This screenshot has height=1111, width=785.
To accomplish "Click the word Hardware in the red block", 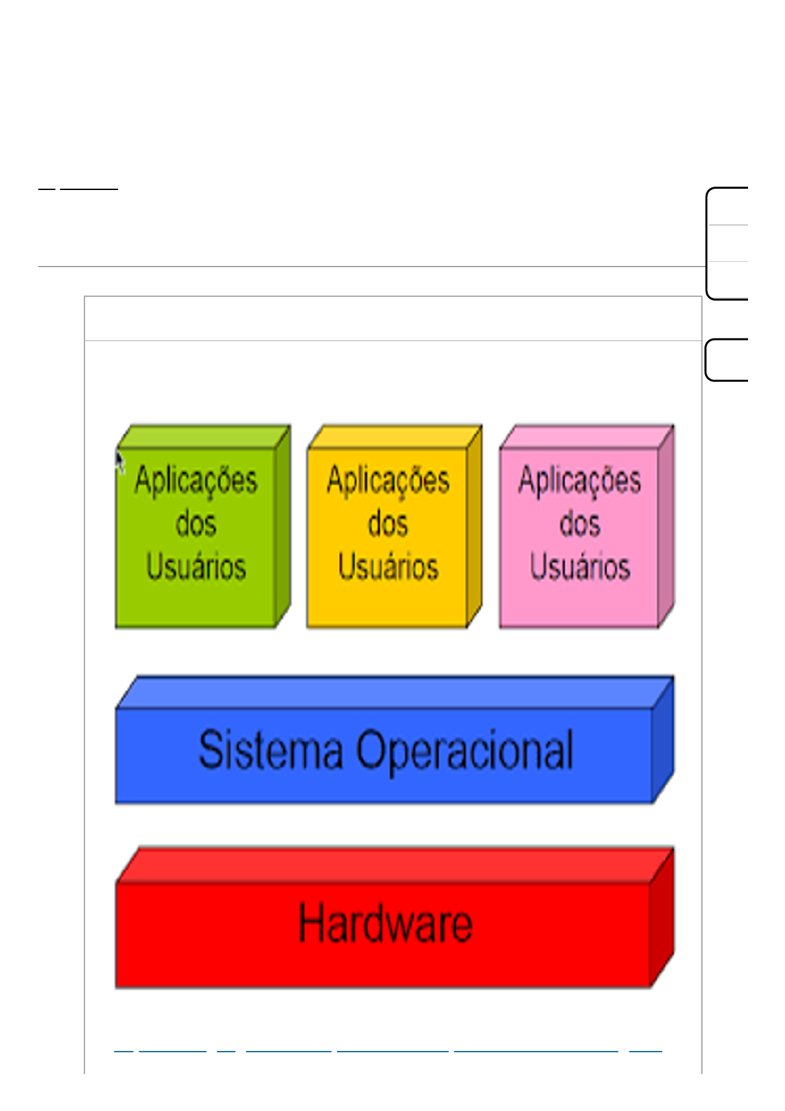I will click(385, 924).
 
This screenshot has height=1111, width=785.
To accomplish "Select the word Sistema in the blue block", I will click(270, 749).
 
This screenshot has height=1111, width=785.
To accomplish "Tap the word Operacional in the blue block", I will click(465, 751).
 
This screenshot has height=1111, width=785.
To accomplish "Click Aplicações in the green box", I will click(196, 480).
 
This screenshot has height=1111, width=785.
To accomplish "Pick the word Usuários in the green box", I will click(196, 567).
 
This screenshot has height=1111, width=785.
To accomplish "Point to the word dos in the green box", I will click(196, 524).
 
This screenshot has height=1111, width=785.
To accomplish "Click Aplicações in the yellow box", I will click(388, 480).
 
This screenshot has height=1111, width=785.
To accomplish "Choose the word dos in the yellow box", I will click(388, 524).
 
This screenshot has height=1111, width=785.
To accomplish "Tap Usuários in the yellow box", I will click(388, 567).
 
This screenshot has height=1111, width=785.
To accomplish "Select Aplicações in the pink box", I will click(579, 480).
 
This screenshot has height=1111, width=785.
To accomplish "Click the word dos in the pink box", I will click(580, 524).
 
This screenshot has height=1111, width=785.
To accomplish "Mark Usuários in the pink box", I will click(580, 567).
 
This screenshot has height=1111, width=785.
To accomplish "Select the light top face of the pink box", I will click(587, 437).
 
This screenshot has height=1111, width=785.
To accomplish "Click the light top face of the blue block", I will click(394, 692).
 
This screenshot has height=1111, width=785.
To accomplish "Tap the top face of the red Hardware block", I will click(394, 865).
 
